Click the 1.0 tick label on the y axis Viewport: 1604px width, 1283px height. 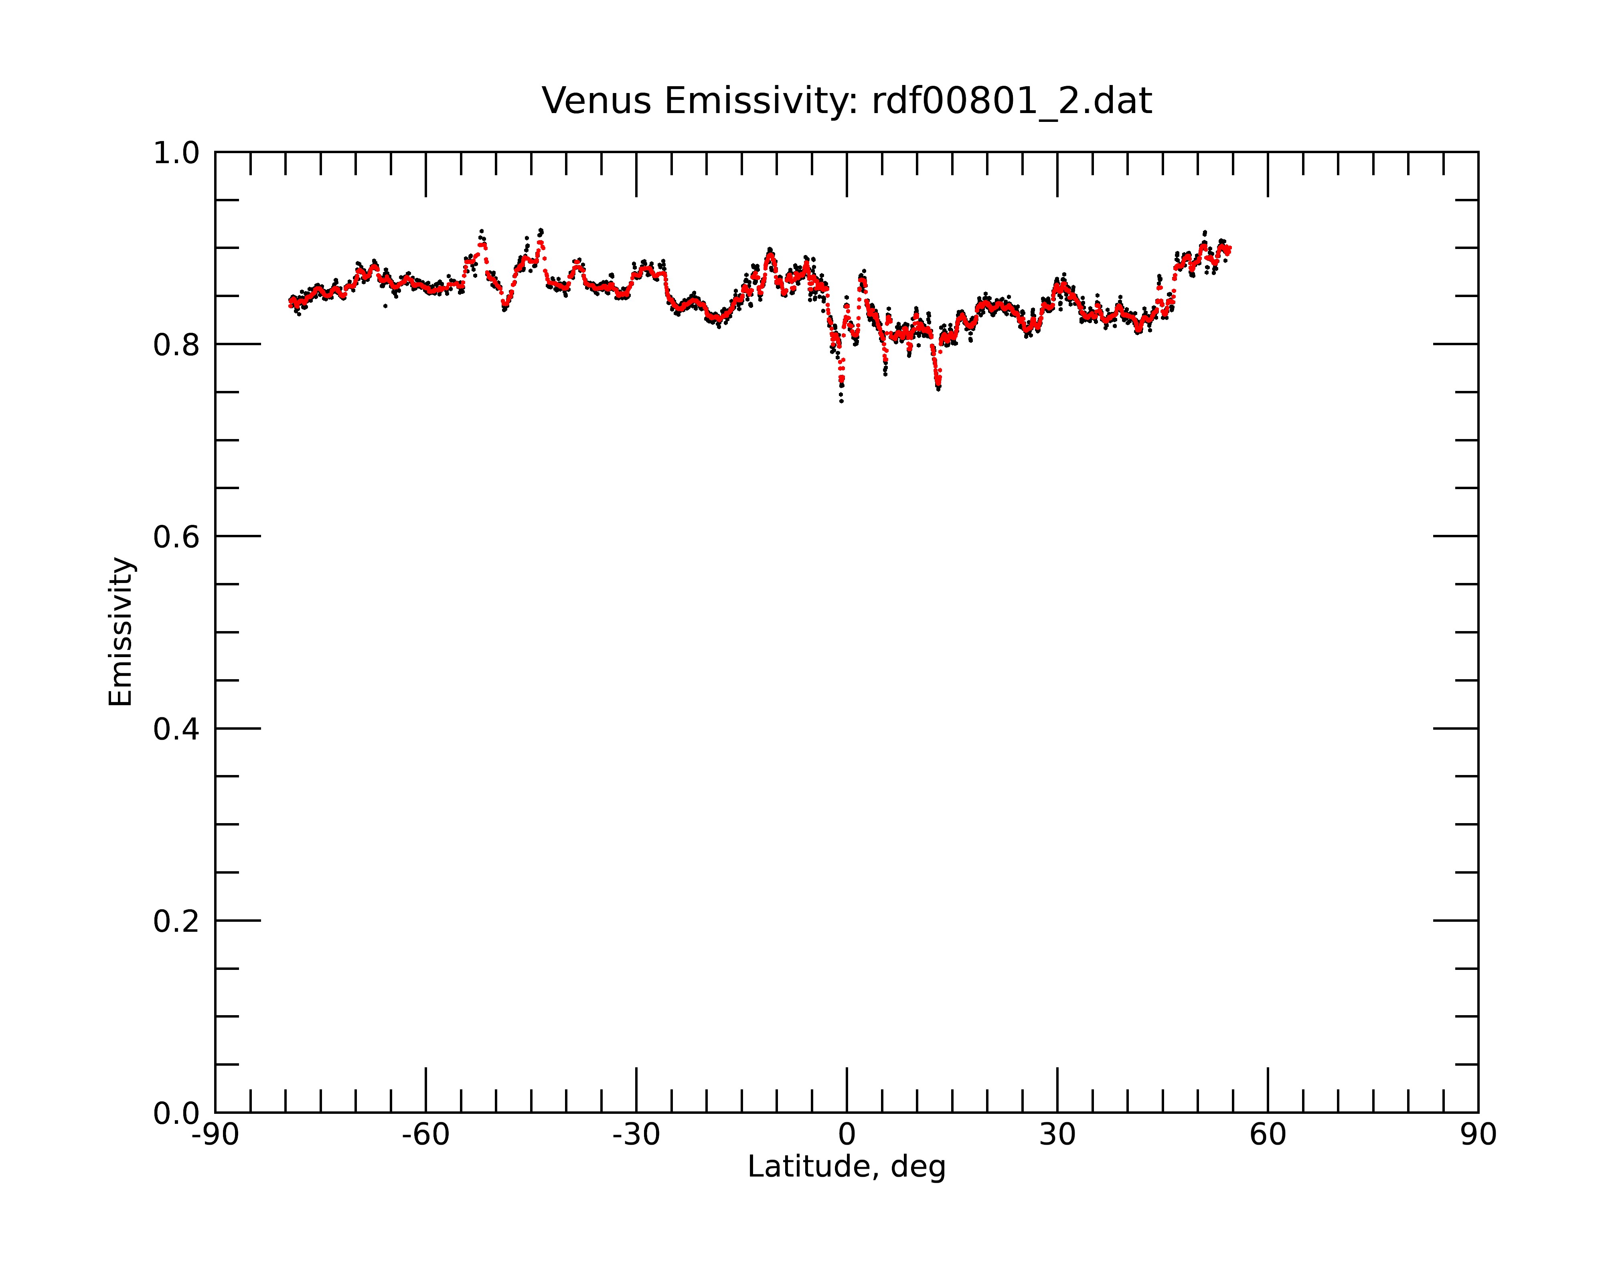[176, 153]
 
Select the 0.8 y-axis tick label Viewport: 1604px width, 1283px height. [176, 345]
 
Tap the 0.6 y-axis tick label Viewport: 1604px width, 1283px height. [176, 537]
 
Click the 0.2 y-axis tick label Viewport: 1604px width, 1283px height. [176, 921]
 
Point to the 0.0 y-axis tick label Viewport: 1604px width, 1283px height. [176, 1113]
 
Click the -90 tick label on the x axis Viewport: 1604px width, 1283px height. [215, 1135]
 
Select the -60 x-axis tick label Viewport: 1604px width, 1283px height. [425, 1135]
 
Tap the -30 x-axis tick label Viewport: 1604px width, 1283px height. [636, 1135]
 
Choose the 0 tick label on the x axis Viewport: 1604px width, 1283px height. [847, 1135]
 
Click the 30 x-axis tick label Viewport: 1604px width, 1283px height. [1057, 1135]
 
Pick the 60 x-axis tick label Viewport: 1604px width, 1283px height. [1268, 1135]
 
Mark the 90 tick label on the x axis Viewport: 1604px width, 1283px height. [1478, 1135]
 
